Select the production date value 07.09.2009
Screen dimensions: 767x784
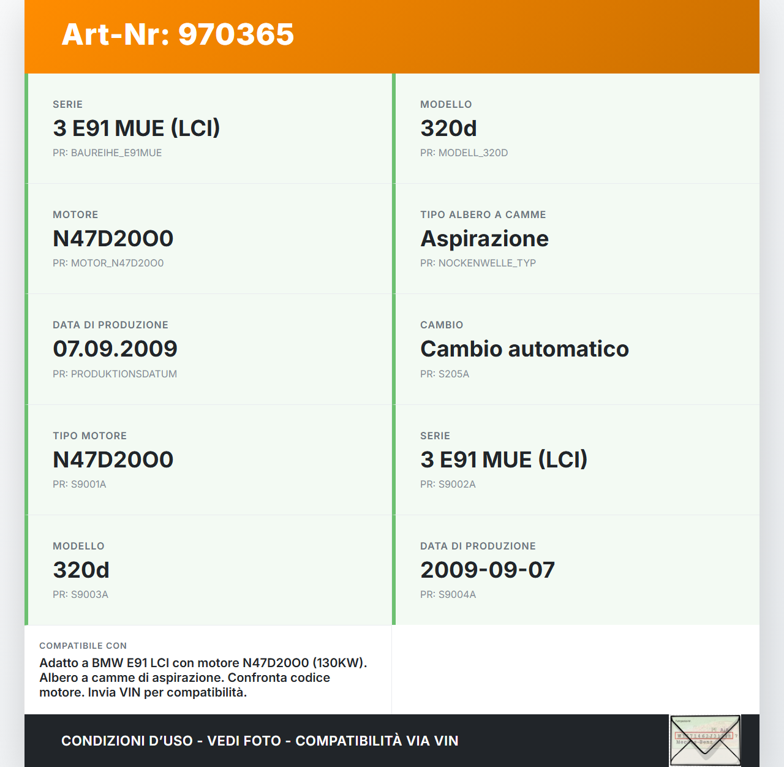coord(115,349)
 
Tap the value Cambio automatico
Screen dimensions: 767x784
coord(524,349)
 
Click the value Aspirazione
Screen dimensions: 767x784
coord(484,239)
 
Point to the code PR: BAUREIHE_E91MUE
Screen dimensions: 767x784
coord(107,153)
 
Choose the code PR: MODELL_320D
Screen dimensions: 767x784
coord(464,153)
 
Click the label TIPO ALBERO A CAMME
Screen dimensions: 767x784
coord(483,215)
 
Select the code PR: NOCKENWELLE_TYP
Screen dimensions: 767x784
coord(478,263)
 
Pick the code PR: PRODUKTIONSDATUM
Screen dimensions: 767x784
coord(115,374)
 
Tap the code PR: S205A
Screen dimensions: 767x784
coord(445,374)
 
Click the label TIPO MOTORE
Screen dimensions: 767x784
coord(89,436)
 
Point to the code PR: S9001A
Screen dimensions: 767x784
coord(79,485)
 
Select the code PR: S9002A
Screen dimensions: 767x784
coord(448,485)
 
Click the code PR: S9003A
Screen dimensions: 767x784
coord(80,595)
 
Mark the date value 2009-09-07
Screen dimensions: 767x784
coord(488,570)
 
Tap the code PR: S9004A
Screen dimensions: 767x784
coord(448,595)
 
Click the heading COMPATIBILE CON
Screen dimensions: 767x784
coord(83,646)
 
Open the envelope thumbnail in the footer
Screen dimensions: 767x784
coord(705,740)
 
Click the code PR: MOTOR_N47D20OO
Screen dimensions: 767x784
coord(108,263)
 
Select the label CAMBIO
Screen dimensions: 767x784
coord(442,325)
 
